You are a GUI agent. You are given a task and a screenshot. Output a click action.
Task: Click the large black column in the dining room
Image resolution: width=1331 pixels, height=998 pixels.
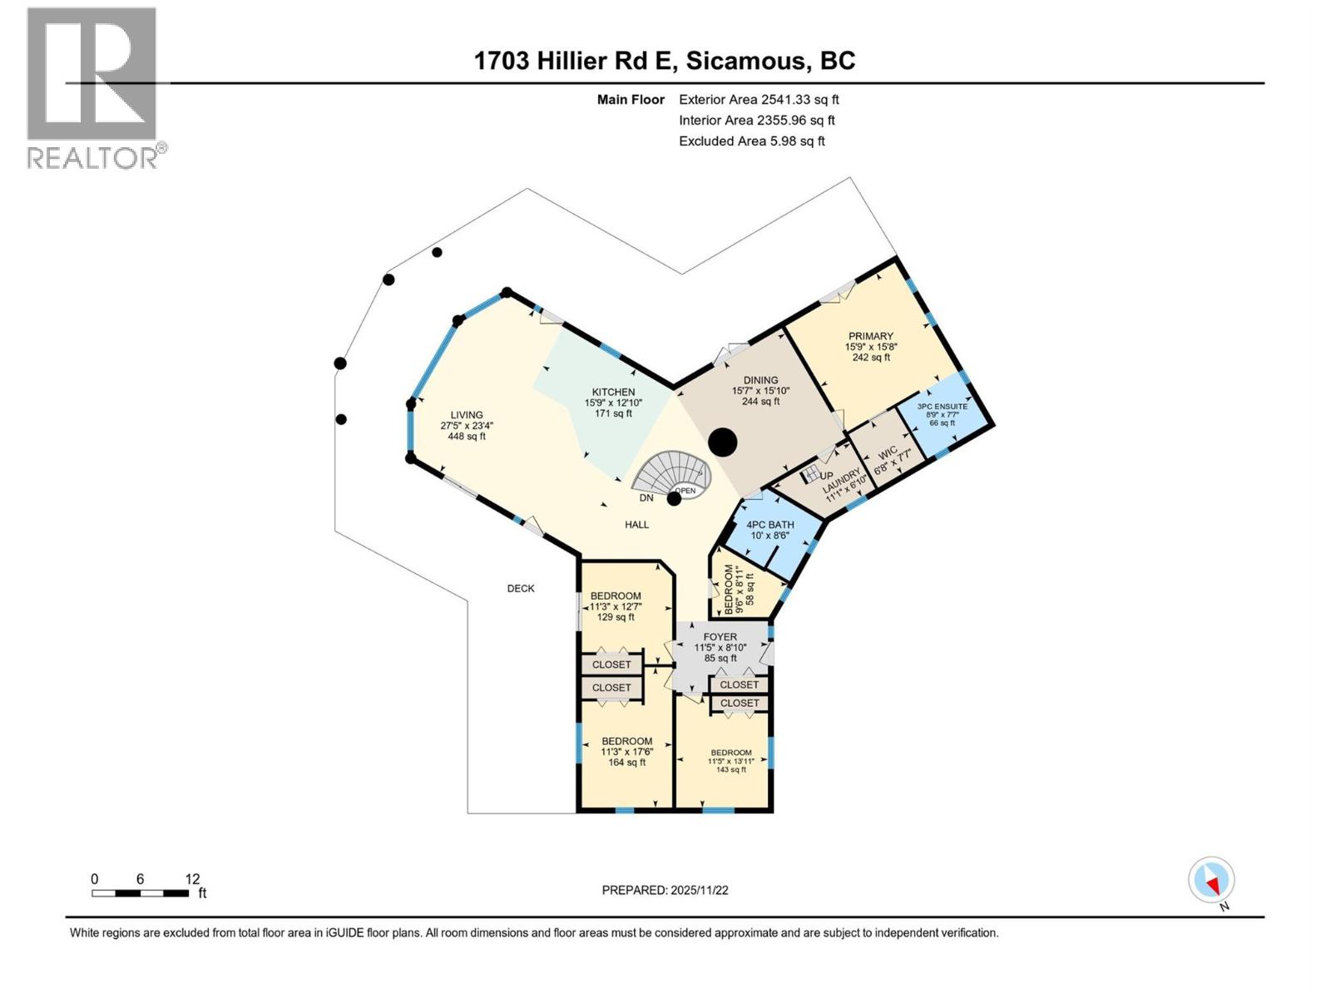click(723, 442)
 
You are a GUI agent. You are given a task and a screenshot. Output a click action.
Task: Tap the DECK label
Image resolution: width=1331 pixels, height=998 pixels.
click(521, 588)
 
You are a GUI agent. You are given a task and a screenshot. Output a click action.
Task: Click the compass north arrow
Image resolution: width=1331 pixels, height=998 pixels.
click(1212, 880)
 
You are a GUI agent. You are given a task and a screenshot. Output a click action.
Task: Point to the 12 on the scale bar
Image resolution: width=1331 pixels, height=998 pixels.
click(192, 878)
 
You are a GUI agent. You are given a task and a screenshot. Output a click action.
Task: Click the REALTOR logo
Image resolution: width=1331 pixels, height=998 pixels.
click(92, 87)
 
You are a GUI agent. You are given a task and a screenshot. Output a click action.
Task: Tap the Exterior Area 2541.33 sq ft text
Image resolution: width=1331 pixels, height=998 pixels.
click(759, 99)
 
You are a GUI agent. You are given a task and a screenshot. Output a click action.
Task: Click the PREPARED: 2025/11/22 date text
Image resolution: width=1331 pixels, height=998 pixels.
click(665, 890)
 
